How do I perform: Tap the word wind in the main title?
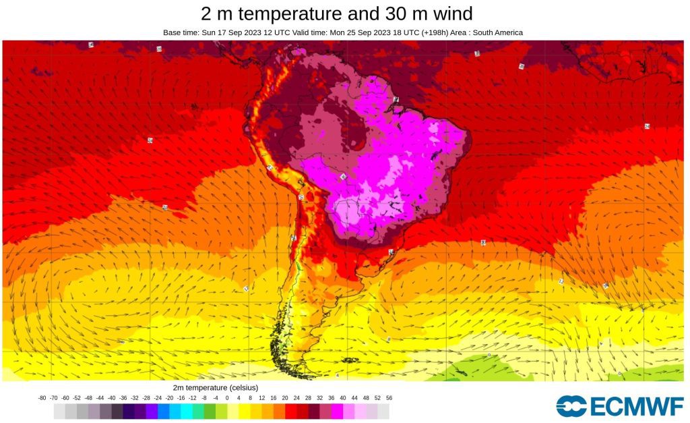449,13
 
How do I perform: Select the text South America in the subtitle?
496,32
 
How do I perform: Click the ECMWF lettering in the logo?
636,407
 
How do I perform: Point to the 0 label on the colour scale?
227,398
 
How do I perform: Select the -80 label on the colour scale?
42,398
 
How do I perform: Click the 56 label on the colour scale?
389,398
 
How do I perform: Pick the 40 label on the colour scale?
342,398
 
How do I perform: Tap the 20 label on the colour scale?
285,398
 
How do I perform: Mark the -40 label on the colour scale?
111,398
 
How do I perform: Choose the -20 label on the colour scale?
169,398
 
